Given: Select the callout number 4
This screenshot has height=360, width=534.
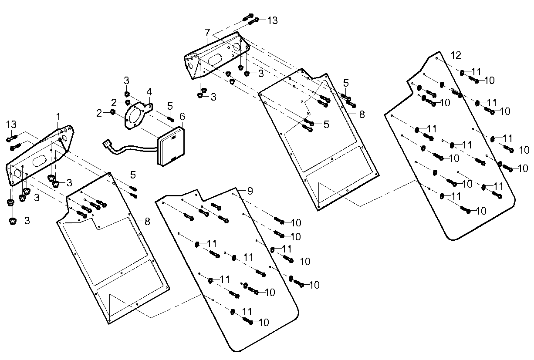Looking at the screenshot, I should (x=149, y=92).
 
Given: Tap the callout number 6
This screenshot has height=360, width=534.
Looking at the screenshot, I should (x=182, y=116).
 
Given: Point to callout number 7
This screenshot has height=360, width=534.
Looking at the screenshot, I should (x=207, y=32).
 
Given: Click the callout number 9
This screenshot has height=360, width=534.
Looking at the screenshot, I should (x=250, y=190).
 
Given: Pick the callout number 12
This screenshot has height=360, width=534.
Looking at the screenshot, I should (x=456, y=55).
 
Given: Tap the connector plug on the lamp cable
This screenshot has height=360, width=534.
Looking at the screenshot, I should (x=106, y=143).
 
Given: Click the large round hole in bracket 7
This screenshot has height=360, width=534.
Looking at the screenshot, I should (x=236, y=47).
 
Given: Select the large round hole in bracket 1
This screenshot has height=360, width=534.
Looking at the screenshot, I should (x=18, y=173).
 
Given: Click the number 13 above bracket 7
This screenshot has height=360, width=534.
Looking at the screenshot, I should (x=272, y=20).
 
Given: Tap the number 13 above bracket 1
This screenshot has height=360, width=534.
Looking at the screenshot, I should (x=11, y=125).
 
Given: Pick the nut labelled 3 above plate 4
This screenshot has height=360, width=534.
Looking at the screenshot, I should (x=127, y=94).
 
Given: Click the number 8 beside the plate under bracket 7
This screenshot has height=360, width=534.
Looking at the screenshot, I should (x=362, y=114).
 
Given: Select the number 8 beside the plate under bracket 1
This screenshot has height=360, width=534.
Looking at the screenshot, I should (x=147, y=221).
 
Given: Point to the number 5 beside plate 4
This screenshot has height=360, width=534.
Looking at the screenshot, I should (x=170, y=105).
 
